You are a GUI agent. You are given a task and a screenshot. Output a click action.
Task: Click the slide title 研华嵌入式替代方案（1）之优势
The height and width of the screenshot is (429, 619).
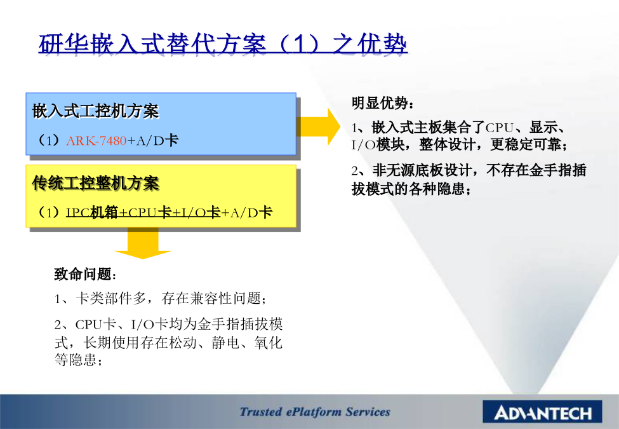[x=223, y=43]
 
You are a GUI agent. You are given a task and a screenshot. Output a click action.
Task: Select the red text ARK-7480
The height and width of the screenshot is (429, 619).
[x=97, y=140]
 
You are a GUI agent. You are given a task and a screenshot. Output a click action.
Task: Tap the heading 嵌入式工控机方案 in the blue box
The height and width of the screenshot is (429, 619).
[x=95, y=111]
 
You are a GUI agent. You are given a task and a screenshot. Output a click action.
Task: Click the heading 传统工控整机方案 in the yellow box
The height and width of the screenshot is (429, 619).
[x=95, y=183]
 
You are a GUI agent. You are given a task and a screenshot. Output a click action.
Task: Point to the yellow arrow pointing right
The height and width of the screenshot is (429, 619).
[x=318, y=126]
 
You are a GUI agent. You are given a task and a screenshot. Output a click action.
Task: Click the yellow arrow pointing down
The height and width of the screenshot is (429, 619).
[x=142, y=243]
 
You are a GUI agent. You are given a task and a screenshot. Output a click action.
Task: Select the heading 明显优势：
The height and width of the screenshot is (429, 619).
[x=383, y=103]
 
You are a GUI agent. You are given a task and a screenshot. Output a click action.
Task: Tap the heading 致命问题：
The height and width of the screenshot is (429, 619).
[x=85, y=274]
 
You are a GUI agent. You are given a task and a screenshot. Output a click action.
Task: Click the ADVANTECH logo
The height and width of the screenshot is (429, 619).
[x=542, y=412]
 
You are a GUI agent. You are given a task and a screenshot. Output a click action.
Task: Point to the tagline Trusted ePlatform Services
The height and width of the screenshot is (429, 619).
[x=315, y=412]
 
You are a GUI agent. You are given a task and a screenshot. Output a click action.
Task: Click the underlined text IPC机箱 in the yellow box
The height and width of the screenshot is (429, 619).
[x=92, y=212]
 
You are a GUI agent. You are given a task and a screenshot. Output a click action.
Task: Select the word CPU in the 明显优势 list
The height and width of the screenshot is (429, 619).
[x=500, y=128]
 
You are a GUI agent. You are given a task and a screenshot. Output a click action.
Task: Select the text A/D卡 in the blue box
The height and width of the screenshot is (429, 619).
[x=157, y=140]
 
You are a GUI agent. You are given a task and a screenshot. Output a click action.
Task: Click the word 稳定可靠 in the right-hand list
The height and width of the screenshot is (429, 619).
[x=526, y=144]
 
